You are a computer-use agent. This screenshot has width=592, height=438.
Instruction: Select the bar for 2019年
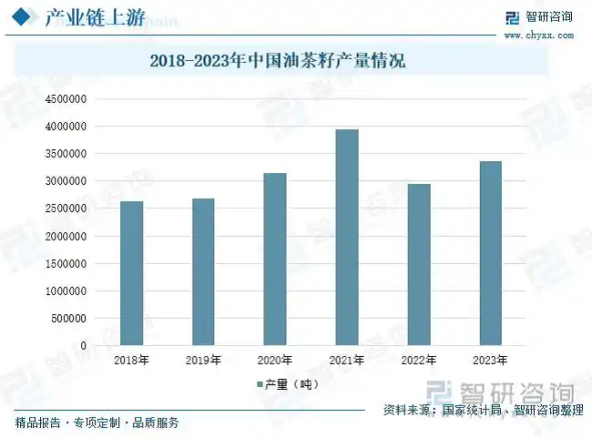coord(203,272)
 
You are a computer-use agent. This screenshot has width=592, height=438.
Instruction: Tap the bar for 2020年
coord(275,260)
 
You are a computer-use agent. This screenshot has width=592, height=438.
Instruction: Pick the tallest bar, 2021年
coord(347,238)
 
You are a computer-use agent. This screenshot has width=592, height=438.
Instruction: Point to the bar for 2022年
coord(419,265)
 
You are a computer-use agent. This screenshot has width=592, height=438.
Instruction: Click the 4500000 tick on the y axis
coord(65,98)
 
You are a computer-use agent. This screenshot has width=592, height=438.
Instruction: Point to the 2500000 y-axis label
coord(65,209)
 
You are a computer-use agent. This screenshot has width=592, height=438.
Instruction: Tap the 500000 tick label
coord(67,319)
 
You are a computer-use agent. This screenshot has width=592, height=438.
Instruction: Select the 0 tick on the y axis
coord(84,346)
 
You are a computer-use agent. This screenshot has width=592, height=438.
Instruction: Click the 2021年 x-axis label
coord(347,361)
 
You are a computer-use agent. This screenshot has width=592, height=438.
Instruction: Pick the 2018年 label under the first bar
coord(131,361)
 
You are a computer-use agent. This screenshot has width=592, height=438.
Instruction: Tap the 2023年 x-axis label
coord(490,361)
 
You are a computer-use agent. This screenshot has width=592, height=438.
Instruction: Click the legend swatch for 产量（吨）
coord(259,385)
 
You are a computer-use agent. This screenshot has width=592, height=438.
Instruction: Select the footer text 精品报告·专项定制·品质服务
coord(97,423)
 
